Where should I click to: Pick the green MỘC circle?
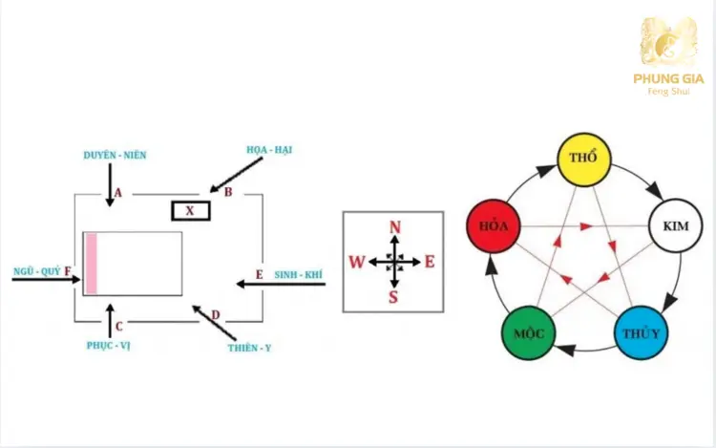pyautogui.click(x=528, y=333)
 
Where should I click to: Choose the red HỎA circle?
pyautogui.click(x=494, y=227)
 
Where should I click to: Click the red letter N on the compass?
pyautogui.click(x=393, y=226)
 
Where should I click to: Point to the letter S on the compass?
pyautogui.click(x=393, y=296)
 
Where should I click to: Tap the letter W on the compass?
pyautogui.click(x=356, y=262)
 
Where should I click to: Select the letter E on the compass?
pyautogui.click(x=430, y=262)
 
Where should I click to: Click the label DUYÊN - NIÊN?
pyautogui.click(x=116, y=154)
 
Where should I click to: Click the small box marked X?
pyautogui.click(x=191, y=211)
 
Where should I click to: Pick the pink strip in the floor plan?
pyautogui.click(x=91, y=264)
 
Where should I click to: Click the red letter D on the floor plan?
pyautogui.click(x=215, y=315)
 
